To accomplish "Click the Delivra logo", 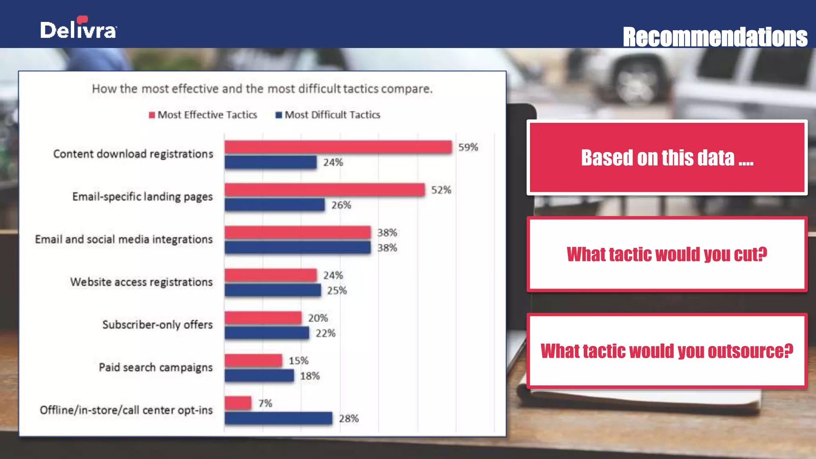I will [x=78, y=28].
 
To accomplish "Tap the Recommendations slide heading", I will [x=715, y=37].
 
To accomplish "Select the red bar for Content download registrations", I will [x=338, y=147].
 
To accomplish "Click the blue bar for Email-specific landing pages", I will [x=275, y=205].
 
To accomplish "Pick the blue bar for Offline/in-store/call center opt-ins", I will [x=278, y=418].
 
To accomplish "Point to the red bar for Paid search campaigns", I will [x=253, y=361].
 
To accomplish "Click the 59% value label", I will [x=468, y=147].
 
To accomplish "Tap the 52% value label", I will [x=441, y=190].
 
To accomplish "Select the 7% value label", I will [x=265, y=404].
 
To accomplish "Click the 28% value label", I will [x=349, y=419].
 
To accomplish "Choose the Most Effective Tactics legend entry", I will [x=203, y=115].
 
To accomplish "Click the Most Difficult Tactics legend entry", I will [x=328, y=115].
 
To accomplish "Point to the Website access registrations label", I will [x=141, y=282].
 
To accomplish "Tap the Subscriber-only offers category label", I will [x=157, y=325].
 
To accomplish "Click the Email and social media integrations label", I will [x=124, y=239].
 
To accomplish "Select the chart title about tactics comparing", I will [x=262, y=89].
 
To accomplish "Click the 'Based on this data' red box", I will [x=667, y=158].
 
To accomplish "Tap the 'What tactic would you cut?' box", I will [x=667, y=254].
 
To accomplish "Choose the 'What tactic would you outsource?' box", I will [x=667, y=351].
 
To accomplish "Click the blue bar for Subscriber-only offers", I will [x=267, y=333].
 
